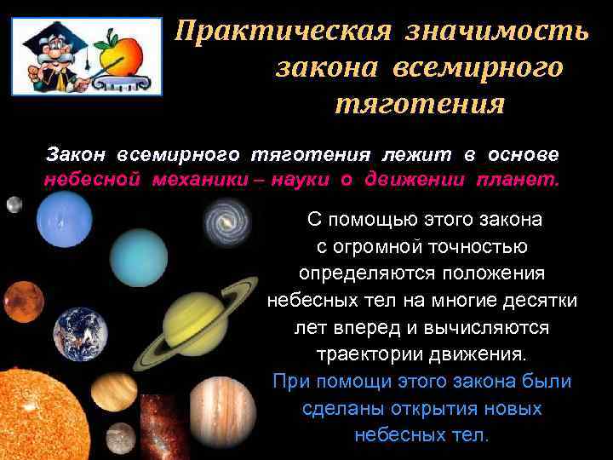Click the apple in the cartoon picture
coord(118,52)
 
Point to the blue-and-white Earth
coord(81,333)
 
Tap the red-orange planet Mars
coord(23,302)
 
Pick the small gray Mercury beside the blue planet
coord(14,204)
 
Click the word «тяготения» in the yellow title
coord(418,104)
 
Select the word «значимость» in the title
coord(496,32)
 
